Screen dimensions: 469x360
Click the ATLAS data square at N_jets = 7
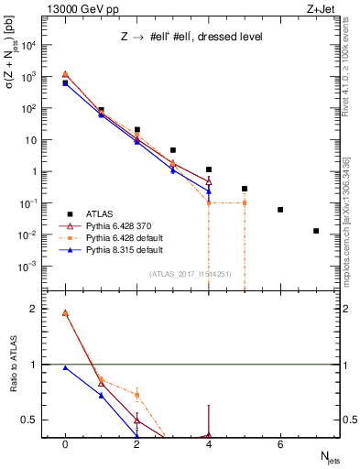[x=316, y=231]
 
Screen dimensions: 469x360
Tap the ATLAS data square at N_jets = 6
[x=280, y=210]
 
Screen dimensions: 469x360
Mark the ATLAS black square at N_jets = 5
[x=245, y=189]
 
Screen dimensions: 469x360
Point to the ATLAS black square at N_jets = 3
[x=173, y=150]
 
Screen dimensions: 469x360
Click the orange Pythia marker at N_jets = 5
[x=245, y=202]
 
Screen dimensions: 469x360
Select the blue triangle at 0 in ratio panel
[x=65, y=367]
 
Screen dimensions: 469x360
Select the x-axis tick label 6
[x=280, y=443]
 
